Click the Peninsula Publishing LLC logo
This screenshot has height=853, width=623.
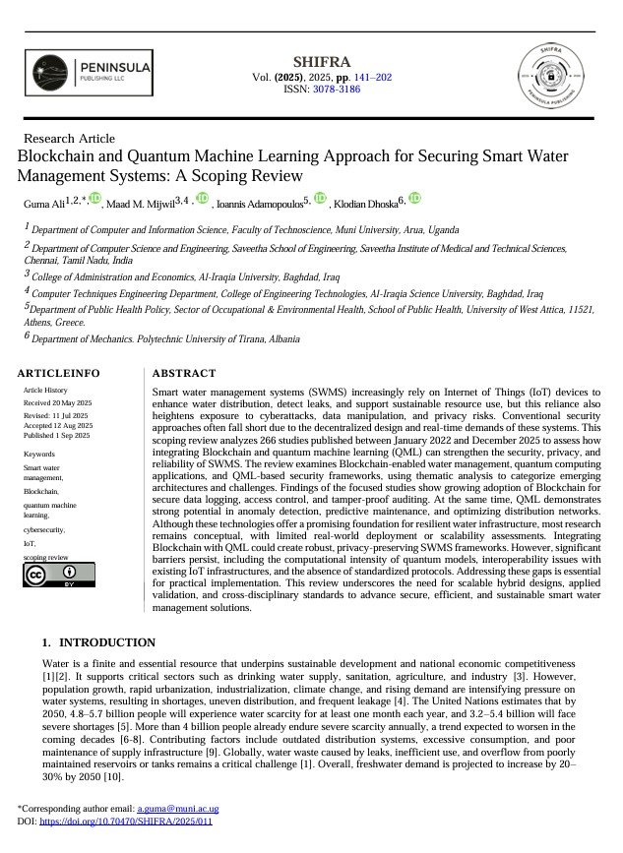tap(88, 75)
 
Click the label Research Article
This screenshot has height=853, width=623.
tap(68, 139)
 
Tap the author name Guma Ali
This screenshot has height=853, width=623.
tap(44, 203)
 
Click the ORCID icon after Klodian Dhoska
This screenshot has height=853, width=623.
tap(414, 199)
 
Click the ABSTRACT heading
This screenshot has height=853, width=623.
tap(184, 374)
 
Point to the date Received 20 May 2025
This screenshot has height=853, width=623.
tap(56, 403)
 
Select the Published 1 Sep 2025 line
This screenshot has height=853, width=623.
tap(56, 435)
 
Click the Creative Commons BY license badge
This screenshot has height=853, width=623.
tap(59, 575)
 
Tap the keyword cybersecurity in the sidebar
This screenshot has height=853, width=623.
tap(44, 528)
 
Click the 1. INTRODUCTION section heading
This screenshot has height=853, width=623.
tap(98, 642)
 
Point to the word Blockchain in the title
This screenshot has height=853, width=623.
tap(55, 156)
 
